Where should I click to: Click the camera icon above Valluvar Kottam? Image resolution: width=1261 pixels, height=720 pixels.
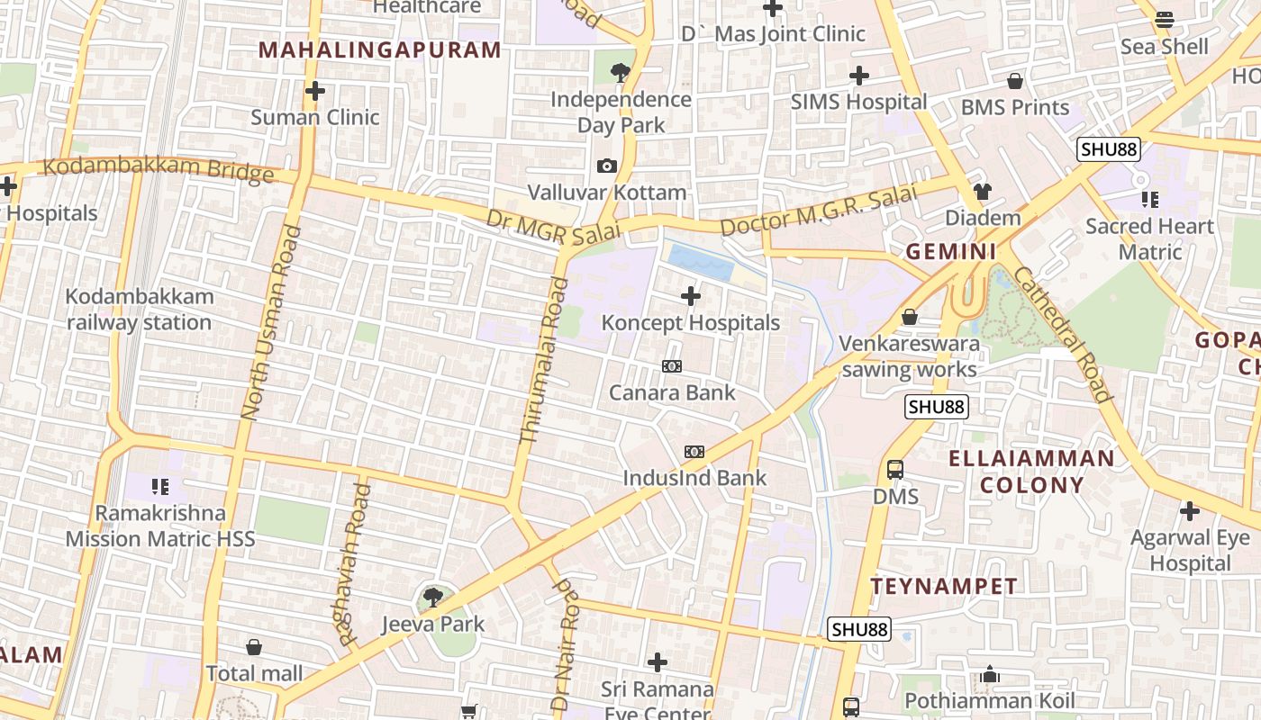coord(606,166)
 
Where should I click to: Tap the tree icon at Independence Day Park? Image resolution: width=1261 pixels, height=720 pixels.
coord(620,73)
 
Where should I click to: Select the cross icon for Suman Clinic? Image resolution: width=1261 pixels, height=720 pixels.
coord(315,91)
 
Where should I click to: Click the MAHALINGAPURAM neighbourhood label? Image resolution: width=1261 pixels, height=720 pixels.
coord(379,49)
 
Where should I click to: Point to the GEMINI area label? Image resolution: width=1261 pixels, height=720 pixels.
coord(951,252)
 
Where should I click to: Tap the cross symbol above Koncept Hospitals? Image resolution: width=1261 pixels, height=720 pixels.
coord(691,296)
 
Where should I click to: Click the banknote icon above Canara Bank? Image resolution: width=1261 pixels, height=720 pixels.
coord(672,366)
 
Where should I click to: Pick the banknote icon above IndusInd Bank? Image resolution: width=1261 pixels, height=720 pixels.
coord(694,452)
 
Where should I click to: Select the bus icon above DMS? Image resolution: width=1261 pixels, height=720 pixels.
coord(895,470)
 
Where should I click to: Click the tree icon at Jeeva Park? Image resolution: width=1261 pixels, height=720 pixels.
coord(433,597)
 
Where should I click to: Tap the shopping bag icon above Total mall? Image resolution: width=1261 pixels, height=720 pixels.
coord(254,647)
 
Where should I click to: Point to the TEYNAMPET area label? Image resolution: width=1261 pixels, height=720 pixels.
coord(944,587)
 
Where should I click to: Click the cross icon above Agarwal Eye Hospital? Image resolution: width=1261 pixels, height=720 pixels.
coord(1190,512)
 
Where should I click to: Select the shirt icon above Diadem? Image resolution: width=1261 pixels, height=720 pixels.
coord(982,192)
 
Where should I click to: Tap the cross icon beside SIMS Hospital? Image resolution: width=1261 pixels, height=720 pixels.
coord(859,76)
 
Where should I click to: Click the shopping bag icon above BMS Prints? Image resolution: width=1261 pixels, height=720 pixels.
coord(1015,81)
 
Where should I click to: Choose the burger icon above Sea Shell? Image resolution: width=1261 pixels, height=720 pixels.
coord(1165,20)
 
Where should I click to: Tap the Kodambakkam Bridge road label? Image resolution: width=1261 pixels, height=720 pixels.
coord(158,168)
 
